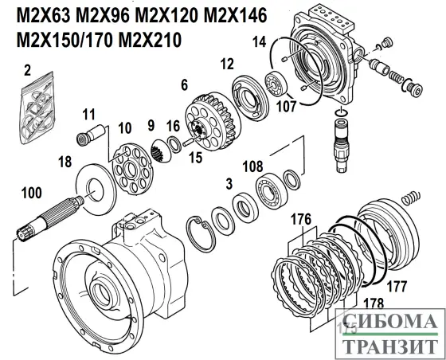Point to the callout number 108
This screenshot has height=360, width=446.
click(252, 168)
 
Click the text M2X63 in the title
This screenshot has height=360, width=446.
click(38, 17)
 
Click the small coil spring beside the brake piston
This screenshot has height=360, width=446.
click(409, 194)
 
